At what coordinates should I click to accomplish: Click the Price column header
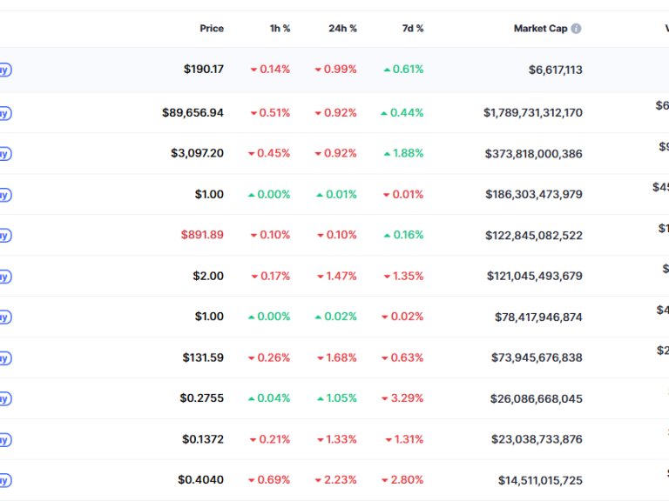[x=212, y=29]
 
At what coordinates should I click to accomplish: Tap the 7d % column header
[x=412, y=29]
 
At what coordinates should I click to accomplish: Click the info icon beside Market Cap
[x=576, y=29]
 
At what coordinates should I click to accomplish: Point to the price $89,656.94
[x=193, y=113]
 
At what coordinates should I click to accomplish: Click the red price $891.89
[x=202, y=235]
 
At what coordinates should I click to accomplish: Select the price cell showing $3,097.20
[x=197, y=153]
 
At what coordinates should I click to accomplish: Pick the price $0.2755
[x=201, y=398]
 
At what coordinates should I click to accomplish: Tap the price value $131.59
[x=203, y=357]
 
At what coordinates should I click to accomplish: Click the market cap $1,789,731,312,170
[x=533, y=113]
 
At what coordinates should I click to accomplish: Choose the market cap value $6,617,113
[x=555, y=70]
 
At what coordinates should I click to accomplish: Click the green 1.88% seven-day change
[x=403, y=153]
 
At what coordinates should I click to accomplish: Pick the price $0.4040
[x=200, y=480]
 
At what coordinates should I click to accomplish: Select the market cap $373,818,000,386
[x=534, y=154]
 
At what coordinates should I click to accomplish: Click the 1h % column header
[x=280, y=29]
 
